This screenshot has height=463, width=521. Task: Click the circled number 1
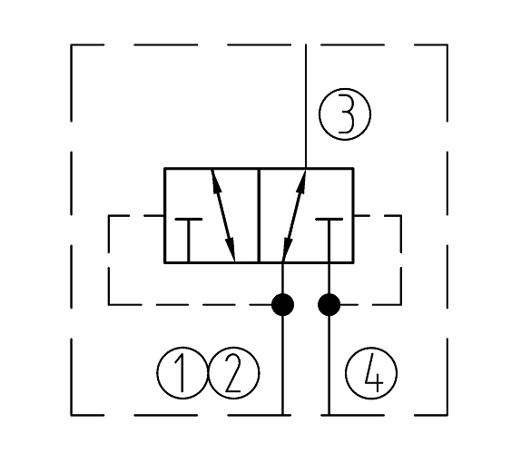[182, 373]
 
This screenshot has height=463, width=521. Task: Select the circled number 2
[234, 373]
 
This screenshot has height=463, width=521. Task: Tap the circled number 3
[345, 114]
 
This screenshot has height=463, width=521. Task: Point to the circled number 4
[371, 373]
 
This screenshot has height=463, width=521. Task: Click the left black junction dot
[283, 304]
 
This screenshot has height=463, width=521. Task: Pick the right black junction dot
[329, 304]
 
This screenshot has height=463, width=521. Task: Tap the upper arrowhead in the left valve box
[216, 182]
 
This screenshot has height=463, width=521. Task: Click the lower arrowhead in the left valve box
[231, 250]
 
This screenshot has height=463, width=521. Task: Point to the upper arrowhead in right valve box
[300, 182]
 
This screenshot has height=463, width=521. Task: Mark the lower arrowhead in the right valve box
[287, 250]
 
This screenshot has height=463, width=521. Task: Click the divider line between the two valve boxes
[259, 215]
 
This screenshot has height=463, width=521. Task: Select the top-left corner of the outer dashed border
[71, 44]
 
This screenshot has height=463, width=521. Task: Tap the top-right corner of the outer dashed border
[447, 44]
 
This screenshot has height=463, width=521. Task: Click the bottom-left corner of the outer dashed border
[71, 415]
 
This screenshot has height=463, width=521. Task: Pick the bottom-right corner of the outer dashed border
[447, 415]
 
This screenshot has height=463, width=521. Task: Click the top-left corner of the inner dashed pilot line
[109, 216]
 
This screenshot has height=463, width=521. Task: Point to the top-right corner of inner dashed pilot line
[401, 216]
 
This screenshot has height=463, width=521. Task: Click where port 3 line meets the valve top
[306, 169]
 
